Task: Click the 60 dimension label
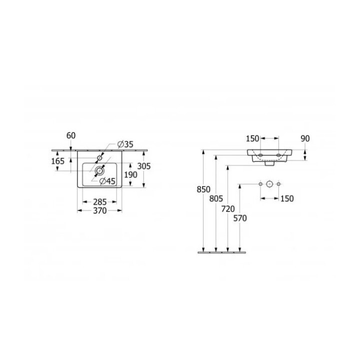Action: [x=71, y=135]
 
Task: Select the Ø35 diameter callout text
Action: [x=125, y=144]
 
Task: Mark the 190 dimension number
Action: [x=130, y=174]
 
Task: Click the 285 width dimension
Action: [x=99, y=202]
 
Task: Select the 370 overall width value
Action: [x=99, y=211]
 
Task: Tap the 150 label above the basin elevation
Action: [x=253, y=138]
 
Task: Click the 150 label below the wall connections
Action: [x=286, y=198]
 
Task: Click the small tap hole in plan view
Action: [x=100, y=158]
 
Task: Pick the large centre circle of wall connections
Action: [x=269, y=184]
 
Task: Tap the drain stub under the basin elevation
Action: [x=269, y=163]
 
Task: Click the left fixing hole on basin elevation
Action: [x=260, y=155]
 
